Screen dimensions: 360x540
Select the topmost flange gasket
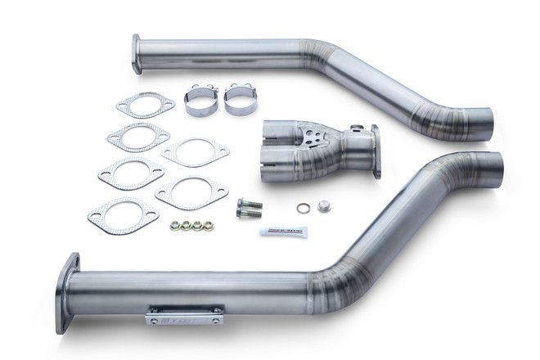(x=146, y=105)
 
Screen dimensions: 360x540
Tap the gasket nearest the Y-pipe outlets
(x=194, y=152)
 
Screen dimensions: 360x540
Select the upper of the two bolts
(x=250, y=203)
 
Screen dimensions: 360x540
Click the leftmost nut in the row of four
(x=175, y=225)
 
